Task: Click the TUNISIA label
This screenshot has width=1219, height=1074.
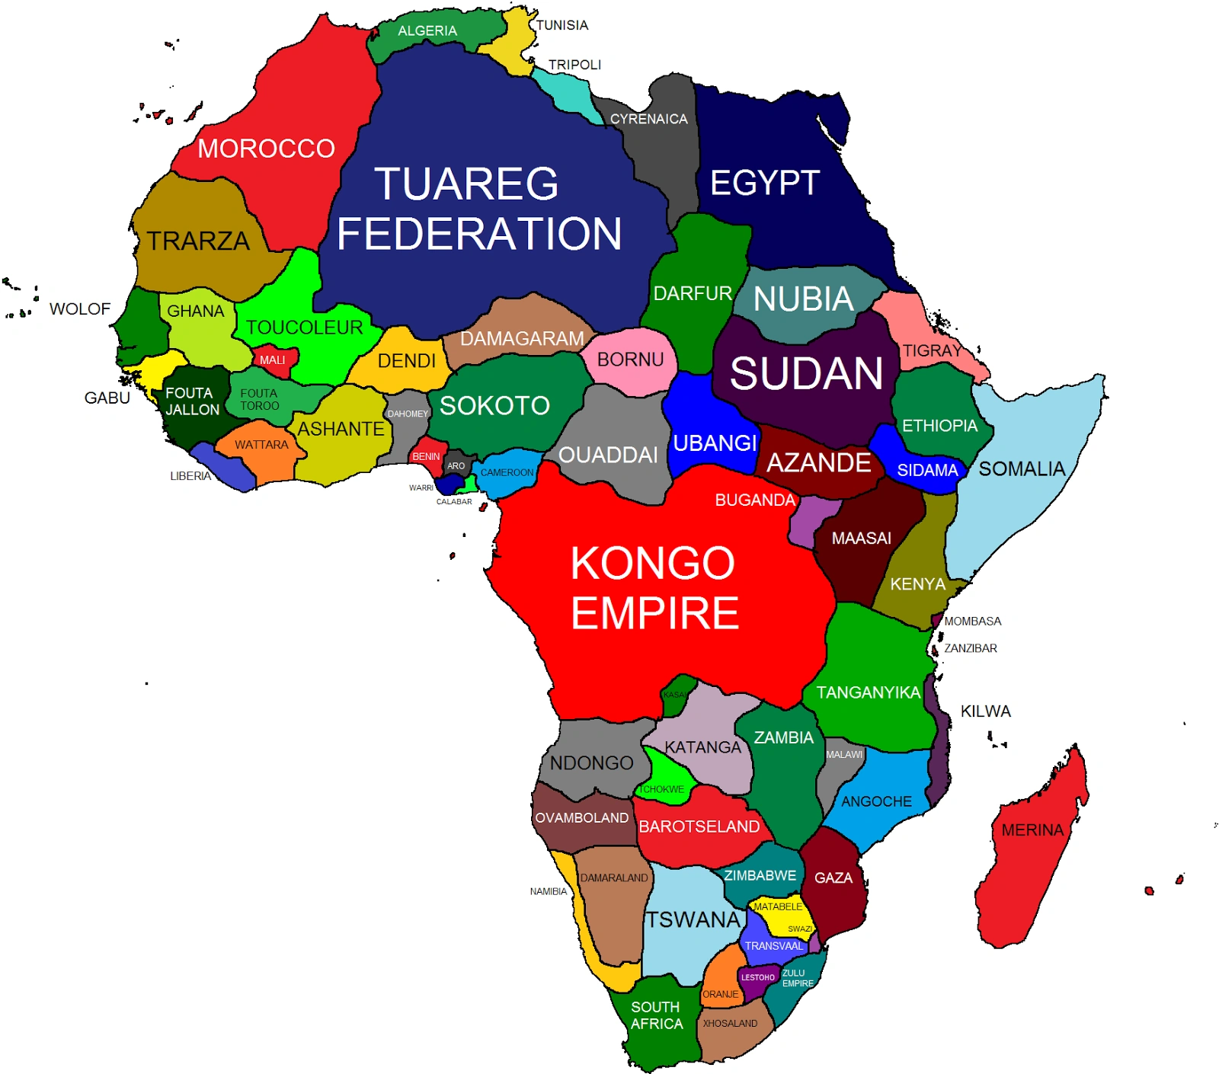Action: [562, 25]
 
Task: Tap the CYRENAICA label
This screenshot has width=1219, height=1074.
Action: [648, 119]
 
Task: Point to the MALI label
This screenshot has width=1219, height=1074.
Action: [272, 360]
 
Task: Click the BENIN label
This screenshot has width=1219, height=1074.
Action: [426, 456]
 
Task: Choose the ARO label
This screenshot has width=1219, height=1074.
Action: [456, 465]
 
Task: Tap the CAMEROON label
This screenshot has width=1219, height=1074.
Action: [507, 472]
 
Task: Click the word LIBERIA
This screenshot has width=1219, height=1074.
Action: [190, 476]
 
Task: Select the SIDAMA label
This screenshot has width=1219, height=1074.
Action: [927, 470]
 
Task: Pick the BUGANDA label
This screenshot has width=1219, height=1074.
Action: [755, 500]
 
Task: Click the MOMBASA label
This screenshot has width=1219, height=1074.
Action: [973, 621]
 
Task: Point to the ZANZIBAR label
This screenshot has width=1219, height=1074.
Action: [971, 648]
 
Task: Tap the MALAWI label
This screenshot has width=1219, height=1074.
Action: [844, 754]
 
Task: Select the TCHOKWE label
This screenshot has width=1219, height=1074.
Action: [661, 789]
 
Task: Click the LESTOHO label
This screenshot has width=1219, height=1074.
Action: [757, 977]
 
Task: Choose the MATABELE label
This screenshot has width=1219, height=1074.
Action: [778, 906]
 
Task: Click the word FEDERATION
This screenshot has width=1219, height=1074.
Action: [479, 233]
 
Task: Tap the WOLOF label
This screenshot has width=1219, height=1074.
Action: [80, 308]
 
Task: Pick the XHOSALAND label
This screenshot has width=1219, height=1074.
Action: [730, 1023]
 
